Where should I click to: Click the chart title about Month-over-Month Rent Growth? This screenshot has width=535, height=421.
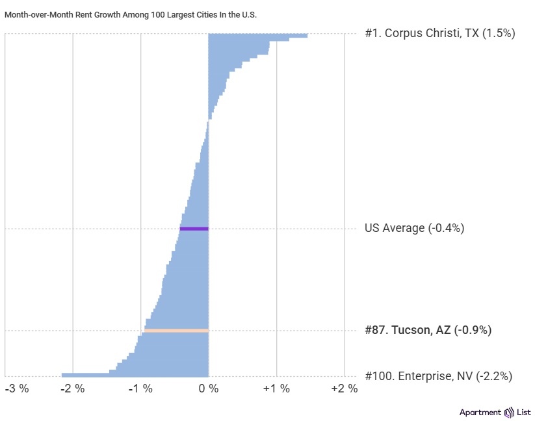pyautogui.click(x=131, y=14)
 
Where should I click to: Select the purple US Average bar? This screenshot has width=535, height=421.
pyautogui.click(x=194, y=229)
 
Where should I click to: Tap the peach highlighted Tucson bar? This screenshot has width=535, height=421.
pyautogui.click(x=176, y=331)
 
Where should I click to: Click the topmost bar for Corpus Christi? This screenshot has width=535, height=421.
pyautogui.click(x=257, y=35)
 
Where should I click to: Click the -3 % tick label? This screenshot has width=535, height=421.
pyautogui.click(x=17, y=389)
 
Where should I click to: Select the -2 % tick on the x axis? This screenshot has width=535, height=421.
pyautogui.click(x=73, y=389)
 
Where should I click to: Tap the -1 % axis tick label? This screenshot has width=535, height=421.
pyautogui.click(x=140, y=389)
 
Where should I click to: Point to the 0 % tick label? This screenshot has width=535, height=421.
pyautogui.click(x=208, y=389)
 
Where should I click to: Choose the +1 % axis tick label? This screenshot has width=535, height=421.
pyautogui.click(x=276, y=389)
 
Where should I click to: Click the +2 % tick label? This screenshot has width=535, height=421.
pyautogui.click(x=345, y=389)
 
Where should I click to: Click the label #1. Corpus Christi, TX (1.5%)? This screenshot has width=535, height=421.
pyautogui.click(x=439, y=33)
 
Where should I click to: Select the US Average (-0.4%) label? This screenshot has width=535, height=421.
pyautogui.click(x=414, y=228)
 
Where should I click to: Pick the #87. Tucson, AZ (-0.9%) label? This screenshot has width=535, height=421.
pyautogui.click(x=428, y=330)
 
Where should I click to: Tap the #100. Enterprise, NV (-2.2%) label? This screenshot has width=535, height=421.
pyautogui.click(x=438, y=376)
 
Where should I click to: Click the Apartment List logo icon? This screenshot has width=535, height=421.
pyautogui.click(x=511, y=413)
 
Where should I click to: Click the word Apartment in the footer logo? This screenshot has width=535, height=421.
pyautogui.click(x=480, y=413)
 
